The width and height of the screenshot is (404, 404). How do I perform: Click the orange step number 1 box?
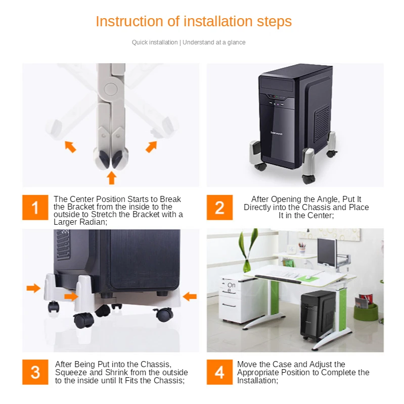coord(35,208)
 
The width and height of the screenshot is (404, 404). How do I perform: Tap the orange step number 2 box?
coord(219,208)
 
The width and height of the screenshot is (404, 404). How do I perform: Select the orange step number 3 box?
coord(35,372)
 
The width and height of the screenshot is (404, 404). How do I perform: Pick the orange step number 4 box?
coord(219,372)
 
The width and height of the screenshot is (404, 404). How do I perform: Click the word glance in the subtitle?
coord(236,42)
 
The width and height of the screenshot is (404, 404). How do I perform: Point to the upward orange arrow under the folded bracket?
coord(111,178)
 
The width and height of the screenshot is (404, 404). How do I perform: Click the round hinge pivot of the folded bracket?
coord(111,89)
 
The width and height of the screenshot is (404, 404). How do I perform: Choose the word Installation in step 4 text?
coord(256,381)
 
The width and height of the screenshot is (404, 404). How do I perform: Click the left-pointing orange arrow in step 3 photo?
coord(190,296)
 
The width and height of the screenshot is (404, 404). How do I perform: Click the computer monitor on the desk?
coord(327,252)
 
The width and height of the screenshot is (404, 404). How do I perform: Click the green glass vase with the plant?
coord(247,266)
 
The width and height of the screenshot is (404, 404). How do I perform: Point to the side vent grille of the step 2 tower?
coord(323,120)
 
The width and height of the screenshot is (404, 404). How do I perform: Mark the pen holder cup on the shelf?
coord(302,249)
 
